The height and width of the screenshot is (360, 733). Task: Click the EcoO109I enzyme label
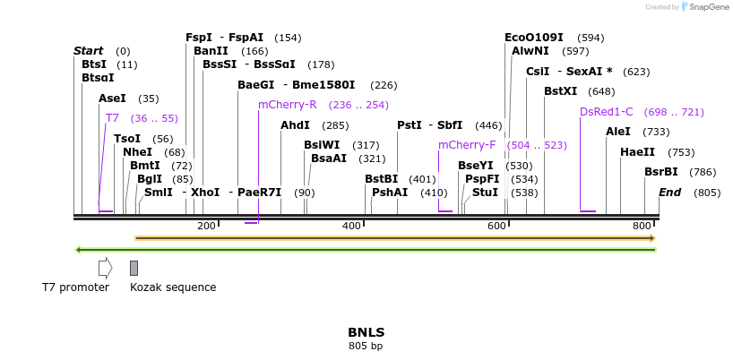[533, 38]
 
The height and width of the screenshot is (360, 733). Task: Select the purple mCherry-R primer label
[287, 105]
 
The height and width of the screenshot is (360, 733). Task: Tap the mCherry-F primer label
[466, 145]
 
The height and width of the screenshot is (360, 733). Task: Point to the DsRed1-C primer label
[606, 112]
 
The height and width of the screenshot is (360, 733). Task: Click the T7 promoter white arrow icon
[105, 268]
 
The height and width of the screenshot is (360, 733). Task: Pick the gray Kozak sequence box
[134, 268]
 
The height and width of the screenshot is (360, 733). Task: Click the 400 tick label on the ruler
[351, 226]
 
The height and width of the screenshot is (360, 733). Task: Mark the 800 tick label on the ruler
[642, 226]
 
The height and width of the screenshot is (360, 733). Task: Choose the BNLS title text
[366, 332]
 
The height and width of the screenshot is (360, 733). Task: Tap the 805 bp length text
[366, 346]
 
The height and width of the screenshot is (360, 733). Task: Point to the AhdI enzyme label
[295, 125]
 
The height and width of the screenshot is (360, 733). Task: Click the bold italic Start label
[88, 51]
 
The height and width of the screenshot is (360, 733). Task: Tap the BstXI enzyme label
[560, 91]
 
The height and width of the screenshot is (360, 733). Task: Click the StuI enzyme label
[485, 193]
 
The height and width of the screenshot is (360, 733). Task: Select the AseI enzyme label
[112, 99]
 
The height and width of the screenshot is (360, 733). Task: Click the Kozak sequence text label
[173, 287]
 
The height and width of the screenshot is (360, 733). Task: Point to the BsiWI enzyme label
[322, 145]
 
